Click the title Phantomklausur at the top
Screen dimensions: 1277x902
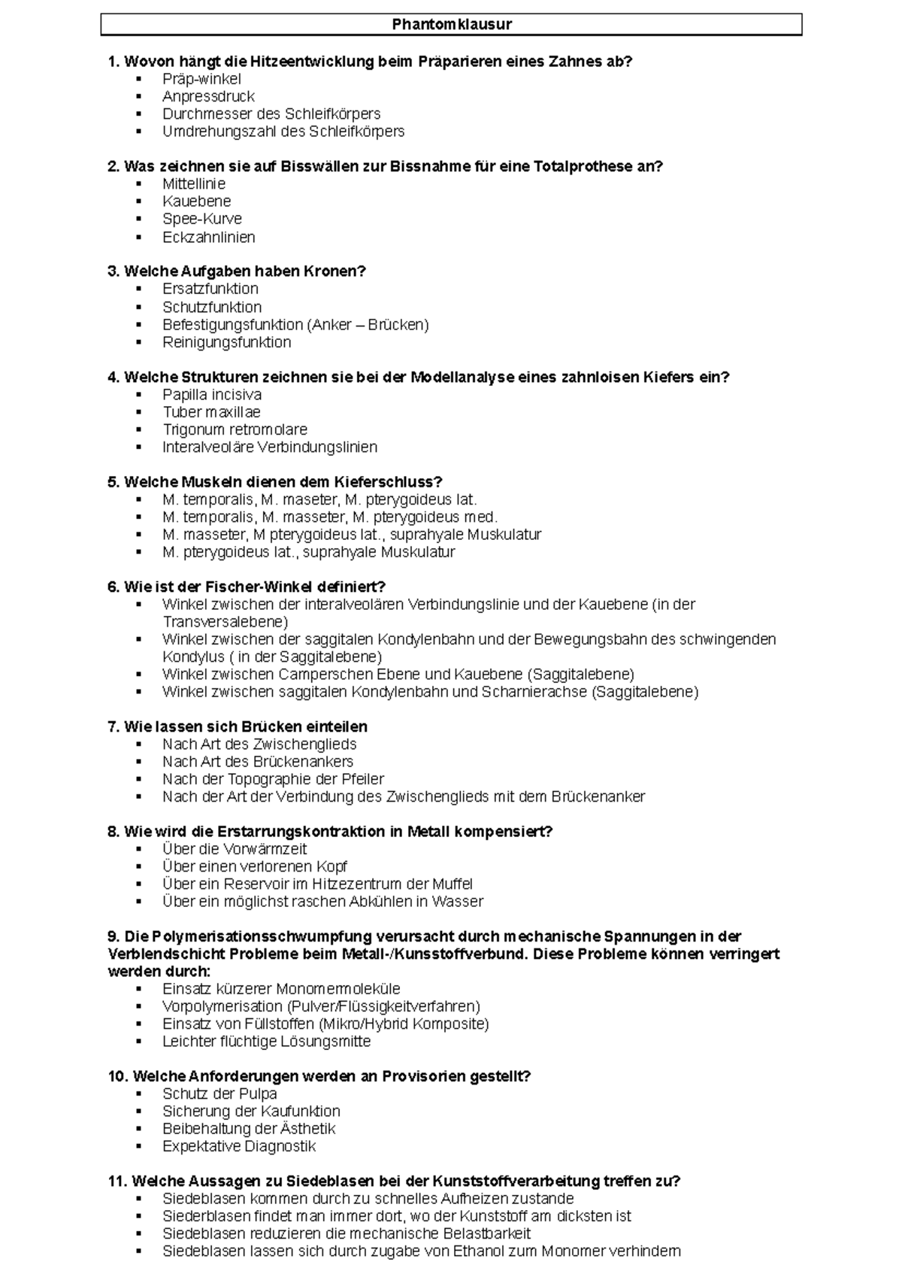(x=452, y=25)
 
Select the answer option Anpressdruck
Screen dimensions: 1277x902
(x=208, y=96)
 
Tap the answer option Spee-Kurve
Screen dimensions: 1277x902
(x=202, y=219)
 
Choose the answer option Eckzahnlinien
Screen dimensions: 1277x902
(x=209, y=237)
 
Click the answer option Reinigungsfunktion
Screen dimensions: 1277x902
(x=226, y=342)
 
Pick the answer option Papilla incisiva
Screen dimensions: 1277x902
(x=212, y=394)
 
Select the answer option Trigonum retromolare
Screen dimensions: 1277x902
(x=235, y=429)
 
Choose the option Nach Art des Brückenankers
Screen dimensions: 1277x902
(x=257, y=761)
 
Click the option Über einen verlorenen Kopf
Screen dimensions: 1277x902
(x=254, y=866)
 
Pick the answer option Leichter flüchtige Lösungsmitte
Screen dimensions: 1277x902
(x=266, y=1042)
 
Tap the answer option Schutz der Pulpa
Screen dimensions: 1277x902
(x=219, y=1093)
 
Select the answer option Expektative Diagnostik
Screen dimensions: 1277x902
(x=238, y=1146)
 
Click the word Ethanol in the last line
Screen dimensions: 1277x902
(x=479, y=1251)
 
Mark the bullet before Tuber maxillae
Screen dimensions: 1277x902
(x=139, y=412)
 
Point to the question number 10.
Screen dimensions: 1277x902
(x=118, y=1076)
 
